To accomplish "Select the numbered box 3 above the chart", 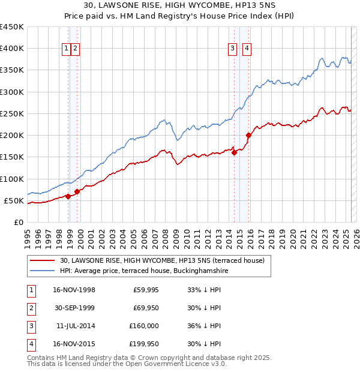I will click(x=232, y=49).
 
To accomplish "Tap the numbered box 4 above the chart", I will click(x=247, y=49).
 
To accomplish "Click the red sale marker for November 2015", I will click(x=248, y=135).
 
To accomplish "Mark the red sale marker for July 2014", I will click(x=234, y=152).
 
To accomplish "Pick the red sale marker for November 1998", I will click(x=68, y=196).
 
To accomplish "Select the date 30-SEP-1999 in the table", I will click(x=74, y=308).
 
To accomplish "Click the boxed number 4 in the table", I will click(x=31, y=344).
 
